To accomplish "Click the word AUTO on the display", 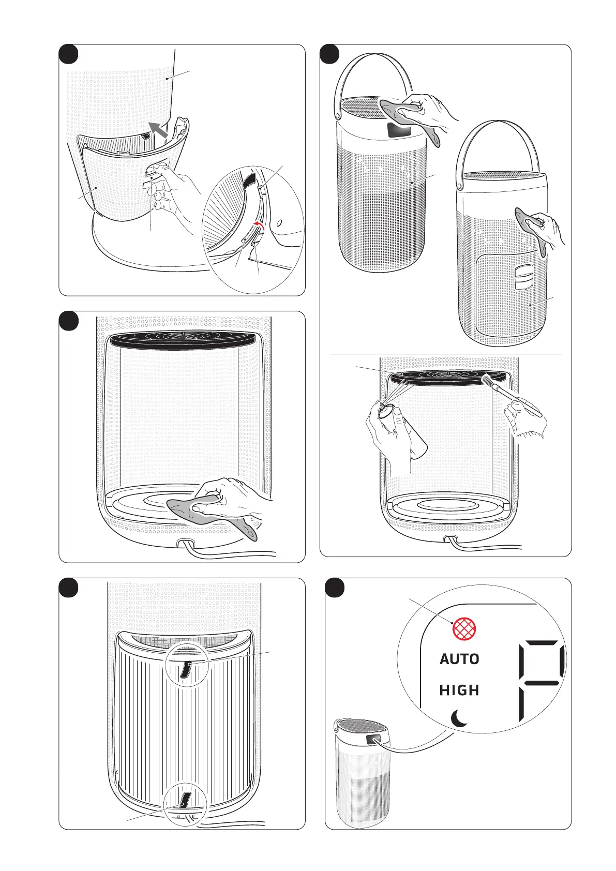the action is tap(459, 659).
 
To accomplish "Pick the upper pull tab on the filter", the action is tap(186, 670).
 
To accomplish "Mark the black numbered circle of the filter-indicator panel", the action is tap(335, 588).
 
